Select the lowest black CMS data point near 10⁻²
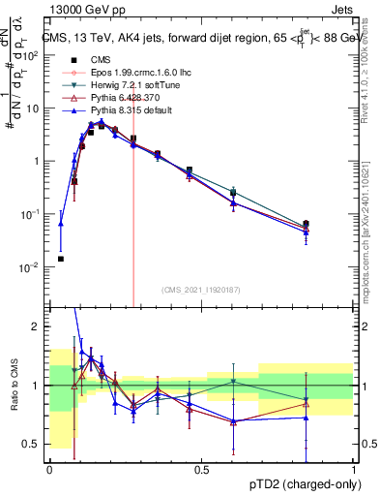pos(61,259)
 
